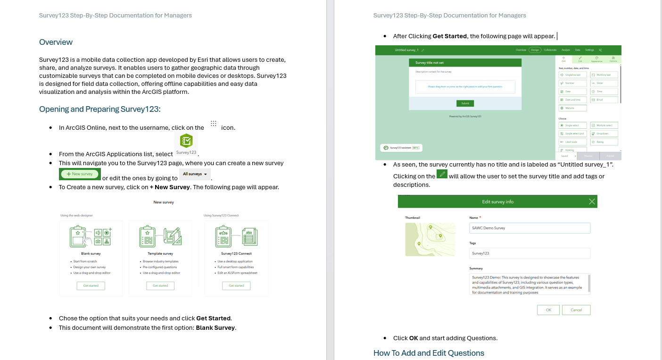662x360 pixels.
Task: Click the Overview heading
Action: tap(56, 42)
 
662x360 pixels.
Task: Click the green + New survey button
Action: tap(80, 174)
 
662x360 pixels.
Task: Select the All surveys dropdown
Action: tap(195, 174)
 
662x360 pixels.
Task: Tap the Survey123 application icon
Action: tap(186, 143)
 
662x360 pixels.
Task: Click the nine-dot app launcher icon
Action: tap(213, 124)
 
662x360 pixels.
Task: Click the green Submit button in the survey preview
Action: tap(465, 103)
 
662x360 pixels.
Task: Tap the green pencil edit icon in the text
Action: tap(442, 174)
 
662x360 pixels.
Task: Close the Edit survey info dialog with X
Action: tap(592, 201)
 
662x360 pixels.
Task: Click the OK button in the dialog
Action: tap(548, 310)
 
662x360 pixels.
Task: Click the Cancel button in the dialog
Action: tap(576, 310)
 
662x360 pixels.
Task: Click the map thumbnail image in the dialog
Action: tap(430, 239)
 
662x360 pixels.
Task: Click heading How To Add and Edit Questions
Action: tap(429, 353)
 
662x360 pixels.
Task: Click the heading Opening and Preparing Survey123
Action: tap(99, 109)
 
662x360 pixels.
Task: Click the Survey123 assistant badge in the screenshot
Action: tap(401, 148)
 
